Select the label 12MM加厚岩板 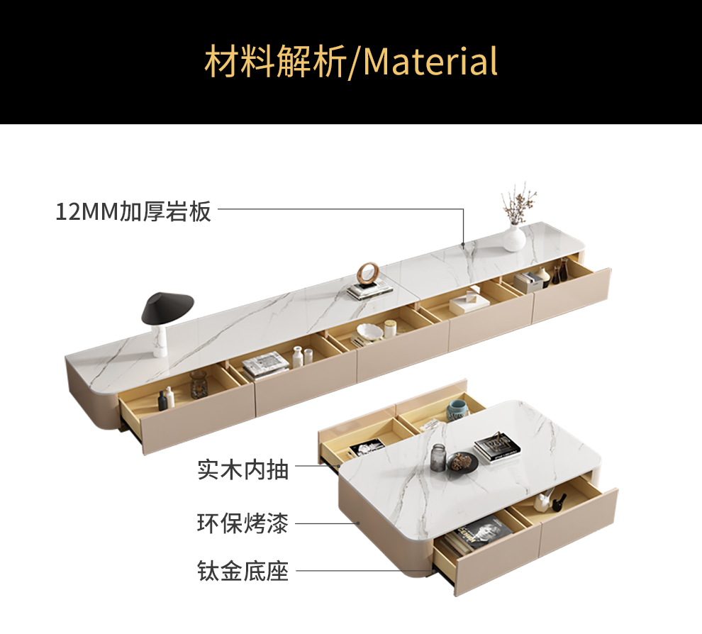pos(133,211)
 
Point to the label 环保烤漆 pos(243,524)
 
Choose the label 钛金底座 pos(243,571)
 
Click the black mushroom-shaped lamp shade pos(168,306)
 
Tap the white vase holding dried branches pos(514,237)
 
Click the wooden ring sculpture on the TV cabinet pos(368,272)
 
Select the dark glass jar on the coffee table pos(439,458)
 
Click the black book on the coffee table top pos(497,447)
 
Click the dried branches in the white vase pos(518,202)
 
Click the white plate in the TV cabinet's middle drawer pos(368,330)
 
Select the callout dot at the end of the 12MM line pos(463,245)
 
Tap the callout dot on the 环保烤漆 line pos(360,523)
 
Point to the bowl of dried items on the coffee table pos(464,462)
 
